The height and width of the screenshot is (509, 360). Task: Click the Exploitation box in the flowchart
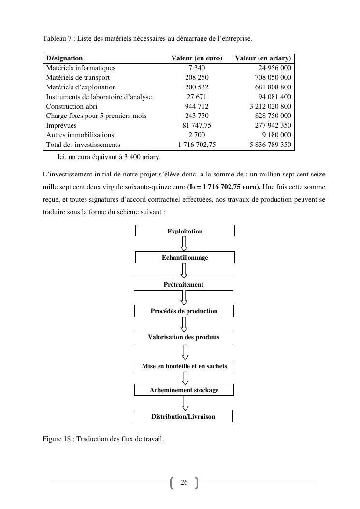tap(185, 231)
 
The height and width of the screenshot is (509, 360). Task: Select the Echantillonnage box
tap(185, 258)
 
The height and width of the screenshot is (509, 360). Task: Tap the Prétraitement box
tap(183, 284)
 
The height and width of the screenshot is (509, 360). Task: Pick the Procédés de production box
tap(184, 311)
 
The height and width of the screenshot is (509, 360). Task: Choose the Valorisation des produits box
tap(183, 337)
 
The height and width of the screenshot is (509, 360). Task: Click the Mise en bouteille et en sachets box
tap(184, 366)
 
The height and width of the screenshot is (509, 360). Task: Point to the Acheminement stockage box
tap(184, 390)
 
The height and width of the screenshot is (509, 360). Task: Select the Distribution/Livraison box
tap(183, 416)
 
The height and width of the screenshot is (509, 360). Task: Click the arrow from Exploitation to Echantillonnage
tap(184, 244)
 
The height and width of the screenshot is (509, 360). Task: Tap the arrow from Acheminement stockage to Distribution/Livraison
tap(184, 403)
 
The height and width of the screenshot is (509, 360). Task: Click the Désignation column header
tap(64, 58)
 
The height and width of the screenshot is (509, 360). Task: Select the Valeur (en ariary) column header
tap(263, 58)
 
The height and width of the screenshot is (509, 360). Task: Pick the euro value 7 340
tap(197, 68)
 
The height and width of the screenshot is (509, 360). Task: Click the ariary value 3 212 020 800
tap(270, 106)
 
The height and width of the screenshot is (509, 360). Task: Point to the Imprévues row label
tap(61, 125)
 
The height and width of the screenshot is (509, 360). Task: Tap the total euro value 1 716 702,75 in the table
tap(197, 145)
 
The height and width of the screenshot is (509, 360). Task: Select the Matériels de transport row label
tap(78, 77)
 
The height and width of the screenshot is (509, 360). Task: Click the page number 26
tap(184, 483)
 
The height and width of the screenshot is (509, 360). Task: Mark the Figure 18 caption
tap(103, 439)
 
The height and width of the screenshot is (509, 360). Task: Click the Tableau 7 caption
tap(147, 38)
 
